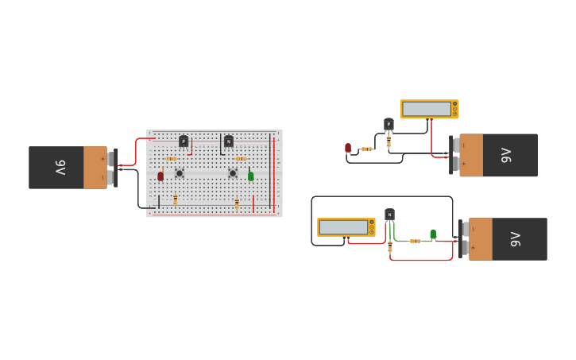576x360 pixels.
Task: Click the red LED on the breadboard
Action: click(160, 176)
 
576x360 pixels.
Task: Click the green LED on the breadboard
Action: click(251, 176)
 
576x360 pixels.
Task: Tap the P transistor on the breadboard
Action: click(184, 141)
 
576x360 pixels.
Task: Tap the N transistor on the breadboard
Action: click(229, 141)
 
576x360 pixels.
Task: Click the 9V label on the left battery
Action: click(60, 168)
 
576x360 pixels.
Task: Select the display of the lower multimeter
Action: click(343, 227)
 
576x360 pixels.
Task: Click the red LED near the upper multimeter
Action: click(348, 148)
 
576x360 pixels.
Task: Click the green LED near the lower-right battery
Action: click(433, 234)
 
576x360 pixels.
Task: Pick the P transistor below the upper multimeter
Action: click(389, 124)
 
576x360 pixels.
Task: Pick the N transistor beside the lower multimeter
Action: click(389, 215)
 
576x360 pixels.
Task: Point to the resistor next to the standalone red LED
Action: click(366, 149)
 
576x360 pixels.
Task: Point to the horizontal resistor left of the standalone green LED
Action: click(415, 241)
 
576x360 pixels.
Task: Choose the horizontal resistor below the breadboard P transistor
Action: click(172, 159)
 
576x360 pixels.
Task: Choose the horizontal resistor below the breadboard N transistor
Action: click(240, 159)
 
